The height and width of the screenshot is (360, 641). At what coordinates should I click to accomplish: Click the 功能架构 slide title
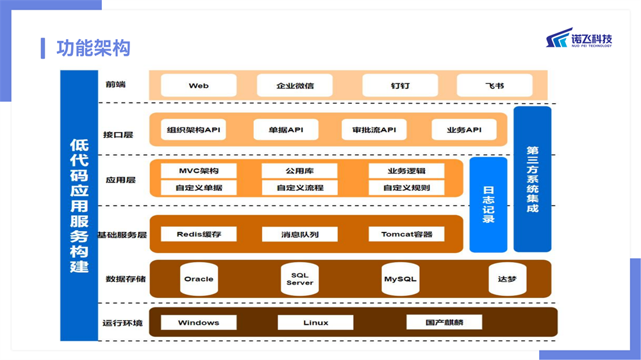tap(93, 48)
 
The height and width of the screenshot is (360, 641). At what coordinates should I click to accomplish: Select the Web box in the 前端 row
tap(199, 85)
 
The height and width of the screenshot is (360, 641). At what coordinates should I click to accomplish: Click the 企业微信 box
tap(295, 85)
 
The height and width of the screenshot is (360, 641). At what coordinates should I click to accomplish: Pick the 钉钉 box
tap(400, 85)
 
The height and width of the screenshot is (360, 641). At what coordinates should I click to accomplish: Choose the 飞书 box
tap(495, 85)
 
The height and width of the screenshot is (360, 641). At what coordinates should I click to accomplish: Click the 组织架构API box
tap(194, 129)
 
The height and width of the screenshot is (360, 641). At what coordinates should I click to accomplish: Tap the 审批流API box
tap(374, 129)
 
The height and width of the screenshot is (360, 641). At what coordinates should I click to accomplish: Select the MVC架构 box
tap(199, 171)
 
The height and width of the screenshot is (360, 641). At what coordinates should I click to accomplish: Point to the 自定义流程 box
tap(299, 188)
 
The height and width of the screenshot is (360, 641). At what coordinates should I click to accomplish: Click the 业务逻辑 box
tap(406, 171)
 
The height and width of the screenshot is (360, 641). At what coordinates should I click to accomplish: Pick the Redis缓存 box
tap(199, 234)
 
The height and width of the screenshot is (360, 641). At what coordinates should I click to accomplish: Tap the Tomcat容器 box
tap(406, 234)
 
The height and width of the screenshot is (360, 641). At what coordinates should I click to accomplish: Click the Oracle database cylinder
tap(199, 279)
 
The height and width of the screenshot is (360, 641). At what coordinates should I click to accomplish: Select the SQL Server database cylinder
tap(299, 279)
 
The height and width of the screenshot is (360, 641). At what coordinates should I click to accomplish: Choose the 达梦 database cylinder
tap(507, 279)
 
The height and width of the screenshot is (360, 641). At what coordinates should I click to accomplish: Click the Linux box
tap(315, 322)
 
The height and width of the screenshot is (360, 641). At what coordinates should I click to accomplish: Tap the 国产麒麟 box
tap(444, 322)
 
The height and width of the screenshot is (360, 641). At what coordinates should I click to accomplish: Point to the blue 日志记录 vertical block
tap(488, 204)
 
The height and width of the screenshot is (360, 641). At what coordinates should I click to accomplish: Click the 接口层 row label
tap(118, 135)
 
